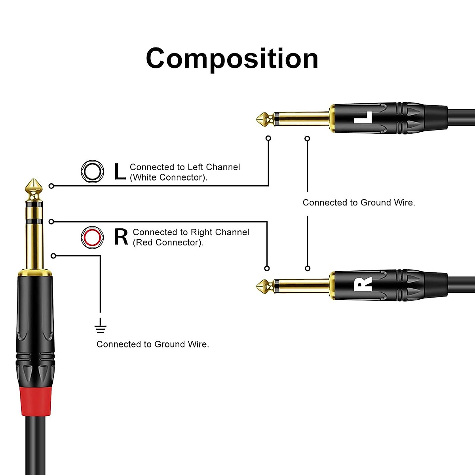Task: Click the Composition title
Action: [x=232, y=59]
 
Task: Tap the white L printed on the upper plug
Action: [x=363, y=118]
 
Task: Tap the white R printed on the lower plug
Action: [x=363, y=284]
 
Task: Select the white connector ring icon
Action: [x=93, y=171]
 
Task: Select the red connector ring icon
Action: [x=92, y=237]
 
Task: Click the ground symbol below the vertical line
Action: [x=101, y=327]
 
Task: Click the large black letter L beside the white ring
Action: [x=120, y=172]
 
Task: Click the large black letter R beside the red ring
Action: [x=121, y=237]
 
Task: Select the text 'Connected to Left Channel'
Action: [x=185, y=167]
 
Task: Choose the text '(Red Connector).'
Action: [x=168, y=242]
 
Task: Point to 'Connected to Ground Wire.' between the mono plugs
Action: [x=359, y=203]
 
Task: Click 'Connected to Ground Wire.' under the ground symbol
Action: [x=152, y=344]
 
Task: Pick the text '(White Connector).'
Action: [x=169, y=177]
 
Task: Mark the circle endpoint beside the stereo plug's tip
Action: [x=51, y=186]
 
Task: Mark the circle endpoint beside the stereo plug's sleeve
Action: [x=53, y=256]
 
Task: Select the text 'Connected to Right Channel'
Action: [x=191, y=232]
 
